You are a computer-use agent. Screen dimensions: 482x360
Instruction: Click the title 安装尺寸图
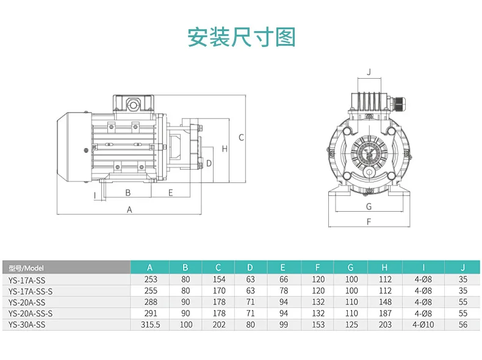click(x=242, y=37)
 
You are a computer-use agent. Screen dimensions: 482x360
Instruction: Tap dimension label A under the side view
click(x=129, y=210)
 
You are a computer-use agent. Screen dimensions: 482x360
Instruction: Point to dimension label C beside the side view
click(x=242, y=137)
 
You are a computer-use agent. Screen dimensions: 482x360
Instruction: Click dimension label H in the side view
click(x=225, y=149)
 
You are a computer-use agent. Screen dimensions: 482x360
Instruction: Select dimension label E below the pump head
click(x=171, y=193)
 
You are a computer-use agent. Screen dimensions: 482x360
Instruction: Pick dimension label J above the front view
click(x=369, y=72)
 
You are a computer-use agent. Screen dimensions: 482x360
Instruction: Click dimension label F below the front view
click(x=369, y=221)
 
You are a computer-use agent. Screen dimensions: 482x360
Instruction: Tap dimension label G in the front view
click(x=369, y=207)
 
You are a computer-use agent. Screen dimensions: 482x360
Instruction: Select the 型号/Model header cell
click(x=26, y=268)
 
